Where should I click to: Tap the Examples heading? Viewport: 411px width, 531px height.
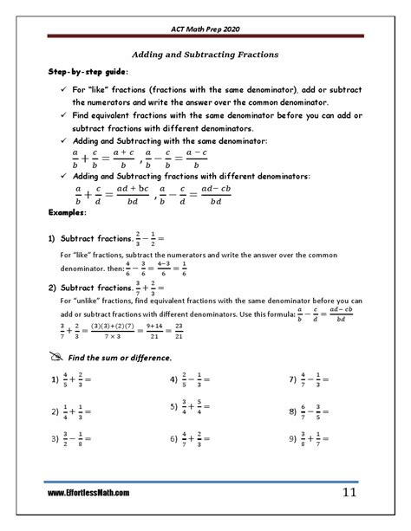pyautogui.click(x=67, y=212)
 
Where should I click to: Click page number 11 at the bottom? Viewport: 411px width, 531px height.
pyautogui.click(x=349, y=493)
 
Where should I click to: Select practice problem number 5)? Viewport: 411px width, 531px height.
pyautogui.click(x=174, y=408)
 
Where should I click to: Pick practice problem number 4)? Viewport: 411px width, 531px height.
pyautogui.click(x=174, y=379)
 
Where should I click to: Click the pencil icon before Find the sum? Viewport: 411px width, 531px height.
pyautogui.click(x=56, y=358)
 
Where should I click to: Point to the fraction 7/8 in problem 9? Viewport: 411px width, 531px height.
pyautogui.click(x=318, y=439)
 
